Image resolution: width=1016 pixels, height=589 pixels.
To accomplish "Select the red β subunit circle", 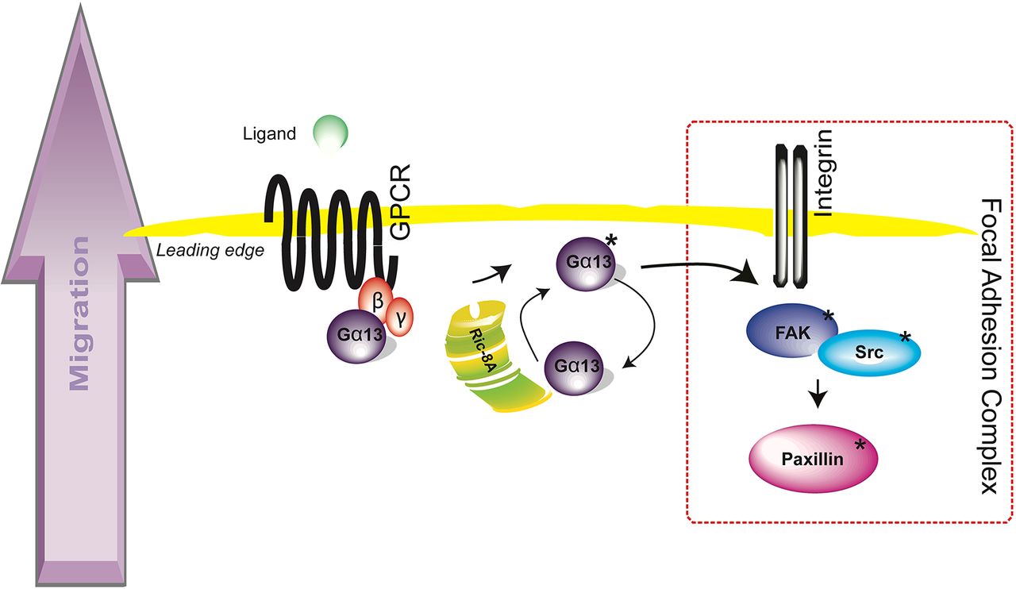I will coord(376,299).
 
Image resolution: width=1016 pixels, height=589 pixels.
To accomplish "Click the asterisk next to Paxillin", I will coord(860,445).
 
